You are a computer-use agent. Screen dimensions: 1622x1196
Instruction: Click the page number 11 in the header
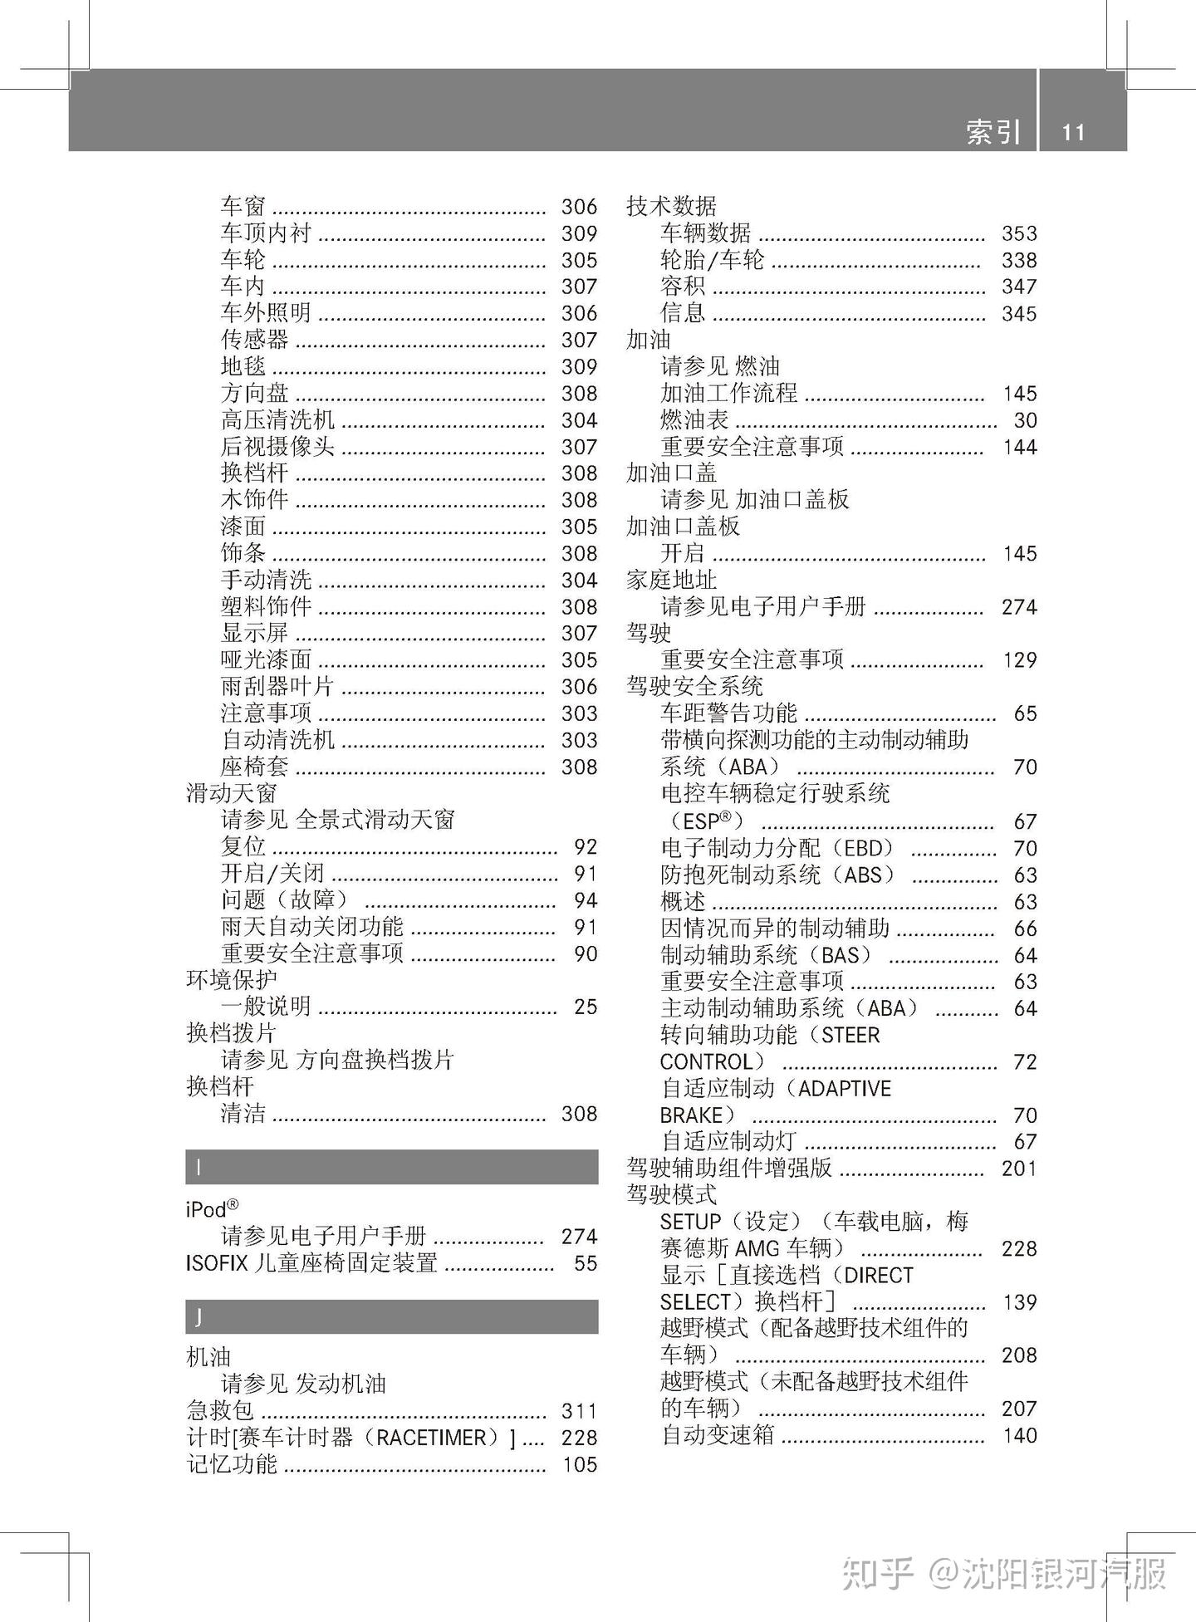coord(1073,133)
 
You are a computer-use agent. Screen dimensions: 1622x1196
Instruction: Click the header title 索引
coord(993,132)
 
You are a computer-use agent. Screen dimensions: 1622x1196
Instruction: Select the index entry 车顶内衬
coord(266,233)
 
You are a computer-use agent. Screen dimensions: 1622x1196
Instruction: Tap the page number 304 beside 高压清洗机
coord(579,420)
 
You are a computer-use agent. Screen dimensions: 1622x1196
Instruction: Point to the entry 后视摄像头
coord(277,447)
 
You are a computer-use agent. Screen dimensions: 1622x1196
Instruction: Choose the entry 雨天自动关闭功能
coord(312,927)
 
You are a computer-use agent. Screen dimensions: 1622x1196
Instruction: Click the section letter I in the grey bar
coord(199,1167)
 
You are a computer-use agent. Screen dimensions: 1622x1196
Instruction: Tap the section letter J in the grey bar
coord(199,1316)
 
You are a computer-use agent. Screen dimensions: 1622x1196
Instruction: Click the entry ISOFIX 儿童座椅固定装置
coord(311,1263)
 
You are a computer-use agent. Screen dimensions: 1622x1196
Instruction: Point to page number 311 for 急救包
coord(579,1411)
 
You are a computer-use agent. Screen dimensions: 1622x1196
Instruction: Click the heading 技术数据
coord(671,206)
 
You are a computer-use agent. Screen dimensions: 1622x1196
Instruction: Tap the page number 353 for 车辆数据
coord(1019,233)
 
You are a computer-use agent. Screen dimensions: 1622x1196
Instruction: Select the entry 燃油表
coord(694,420)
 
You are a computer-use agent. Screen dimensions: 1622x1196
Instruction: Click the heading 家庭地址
coord(671,580)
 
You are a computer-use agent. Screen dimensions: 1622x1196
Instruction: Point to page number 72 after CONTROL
coord(1025,1062)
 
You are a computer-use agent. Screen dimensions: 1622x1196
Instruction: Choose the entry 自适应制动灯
coord(728,1142)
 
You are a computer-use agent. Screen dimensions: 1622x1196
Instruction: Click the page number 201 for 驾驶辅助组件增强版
coord(1019,1169)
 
